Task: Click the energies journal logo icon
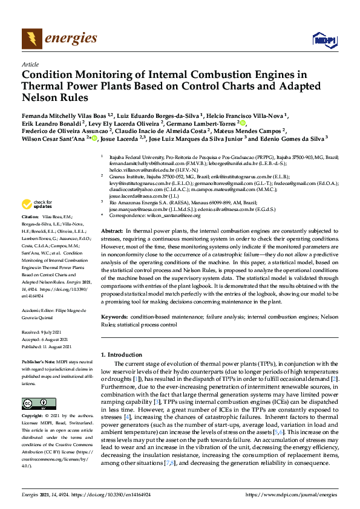[x=32, y=39]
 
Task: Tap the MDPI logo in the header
[x=325, y=40]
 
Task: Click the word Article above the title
[x=30, y=63]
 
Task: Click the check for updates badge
[x=38, y=204]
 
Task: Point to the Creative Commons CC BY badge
[x=38, y=387]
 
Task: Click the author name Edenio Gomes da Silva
[x=282, y=138]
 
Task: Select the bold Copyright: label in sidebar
[x=33, y=400]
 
